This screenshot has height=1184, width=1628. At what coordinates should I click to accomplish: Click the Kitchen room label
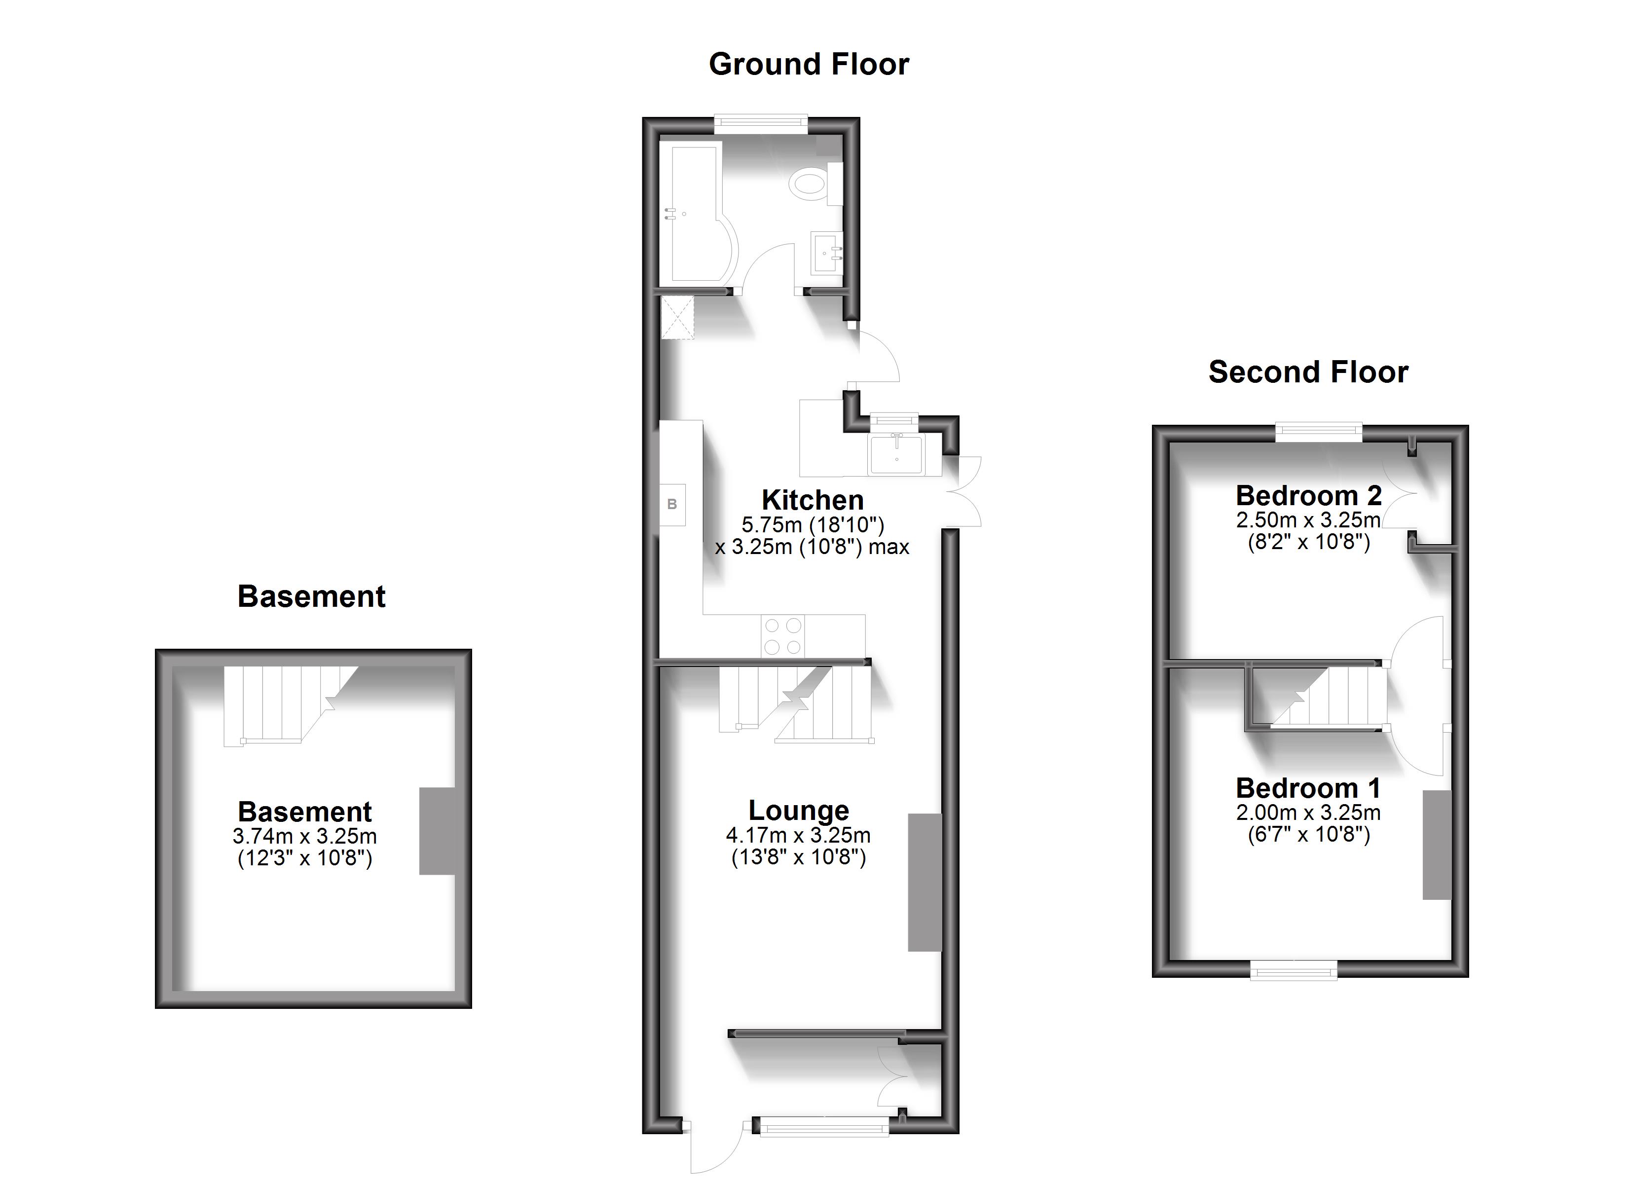click(812, 500)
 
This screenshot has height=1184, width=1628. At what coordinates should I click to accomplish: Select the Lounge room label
click(798, 810)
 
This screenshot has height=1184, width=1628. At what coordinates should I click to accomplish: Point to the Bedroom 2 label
click(1308, 495)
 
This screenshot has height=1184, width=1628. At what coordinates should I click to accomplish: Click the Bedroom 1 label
click(1308, 788)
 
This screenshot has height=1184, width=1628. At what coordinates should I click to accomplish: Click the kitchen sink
click(896, 454)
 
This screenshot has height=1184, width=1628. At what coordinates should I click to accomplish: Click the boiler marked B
click(672, 505)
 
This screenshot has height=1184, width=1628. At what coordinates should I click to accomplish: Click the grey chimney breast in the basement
click(437, 831)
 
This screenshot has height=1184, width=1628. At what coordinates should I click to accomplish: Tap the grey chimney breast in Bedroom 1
click(1437, 845)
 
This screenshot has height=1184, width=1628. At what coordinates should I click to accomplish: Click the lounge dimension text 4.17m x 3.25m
click(798, 835)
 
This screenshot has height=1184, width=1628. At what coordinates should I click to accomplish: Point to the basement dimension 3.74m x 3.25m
click(304, 836)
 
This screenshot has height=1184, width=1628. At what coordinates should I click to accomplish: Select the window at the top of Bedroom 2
click(1319, 432)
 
